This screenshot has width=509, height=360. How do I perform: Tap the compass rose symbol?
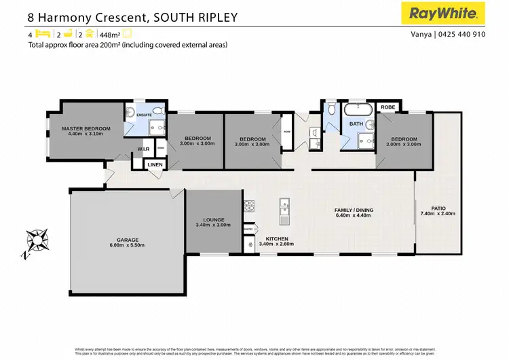point(35,242)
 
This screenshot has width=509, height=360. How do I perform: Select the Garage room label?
point(127,240)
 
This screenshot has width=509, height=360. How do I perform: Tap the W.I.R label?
point(144,148)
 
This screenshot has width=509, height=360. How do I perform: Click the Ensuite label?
point(144,115)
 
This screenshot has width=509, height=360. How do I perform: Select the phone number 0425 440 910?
point(468,34)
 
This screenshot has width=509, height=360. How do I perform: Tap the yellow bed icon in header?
point(41,33)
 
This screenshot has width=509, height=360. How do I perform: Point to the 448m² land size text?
point(110,34)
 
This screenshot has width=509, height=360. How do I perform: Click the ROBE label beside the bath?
point(388,107)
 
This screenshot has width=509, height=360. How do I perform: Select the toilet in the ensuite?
point(157,111)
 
